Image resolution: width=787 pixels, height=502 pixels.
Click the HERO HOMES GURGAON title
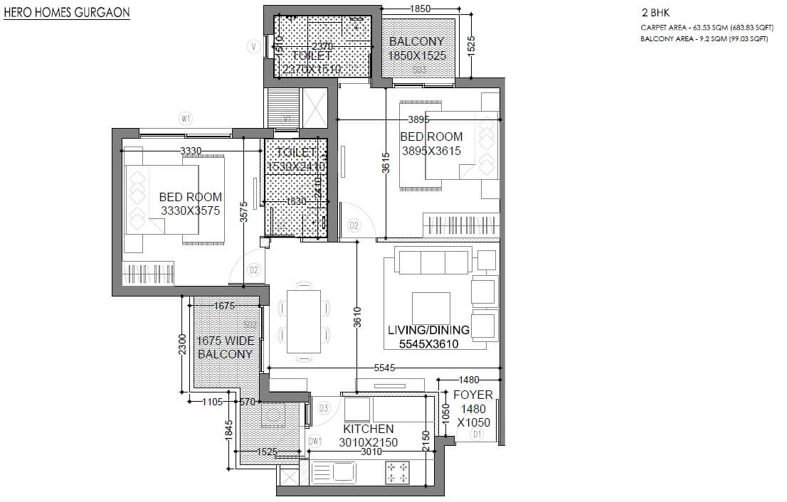click(x=67, y=13)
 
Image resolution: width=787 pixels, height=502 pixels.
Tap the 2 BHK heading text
click(x=654, y=13)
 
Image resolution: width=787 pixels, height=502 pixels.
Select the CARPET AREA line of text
click(x=704, y=28)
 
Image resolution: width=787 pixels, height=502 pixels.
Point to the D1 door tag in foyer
click(x=477, y=434)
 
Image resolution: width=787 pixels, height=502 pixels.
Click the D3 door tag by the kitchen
click(x=324, y=408)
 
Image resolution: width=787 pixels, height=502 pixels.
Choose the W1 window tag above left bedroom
click(x=186, y=119)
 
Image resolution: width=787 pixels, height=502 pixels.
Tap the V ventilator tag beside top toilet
click(x=253, y=47)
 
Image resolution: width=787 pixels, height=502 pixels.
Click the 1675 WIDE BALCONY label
click(x=225, y=347)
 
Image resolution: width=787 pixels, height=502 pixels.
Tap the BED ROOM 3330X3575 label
click(x=190, y=203)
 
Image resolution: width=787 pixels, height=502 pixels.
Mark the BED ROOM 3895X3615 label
click(x=431, y=144)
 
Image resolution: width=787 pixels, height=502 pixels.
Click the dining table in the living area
click(x=302, y=320)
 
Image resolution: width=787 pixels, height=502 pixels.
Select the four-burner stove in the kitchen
click(x=396, y=471)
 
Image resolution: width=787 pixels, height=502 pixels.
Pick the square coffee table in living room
click(x=431, y=306)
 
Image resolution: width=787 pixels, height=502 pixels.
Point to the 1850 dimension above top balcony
click(x=421, y=8)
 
